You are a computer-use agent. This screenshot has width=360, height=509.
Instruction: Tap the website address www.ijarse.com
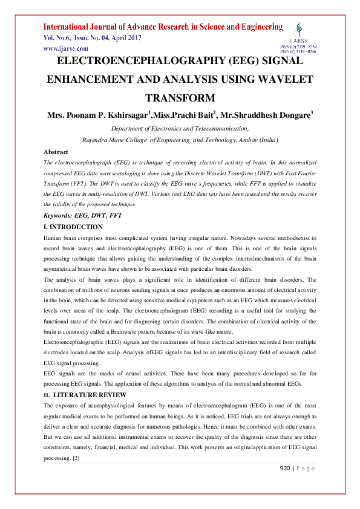pos(65,48)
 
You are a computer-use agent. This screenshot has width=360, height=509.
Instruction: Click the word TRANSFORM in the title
pos(180,98)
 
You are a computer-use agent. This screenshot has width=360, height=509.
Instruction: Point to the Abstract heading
pos(56,152)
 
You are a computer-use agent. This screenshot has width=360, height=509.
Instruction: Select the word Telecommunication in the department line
pos(214,128)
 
